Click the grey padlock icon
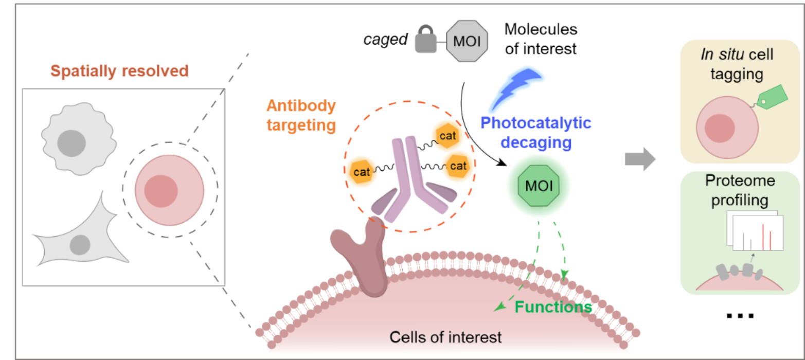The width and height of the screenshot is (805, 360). (x=426, y=42)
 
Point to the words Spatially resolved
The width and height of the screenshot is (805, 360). (x=119, y=71)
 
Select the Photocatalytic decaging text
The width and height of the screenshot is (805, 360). (x=536, y=132)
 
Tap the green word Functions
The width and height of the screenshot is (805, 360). (x=553, y=307)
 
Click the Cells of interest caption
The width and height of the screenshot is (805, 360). (x=445, y=337)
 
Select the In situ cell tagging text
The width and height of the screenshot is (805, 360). (x=737, y=64)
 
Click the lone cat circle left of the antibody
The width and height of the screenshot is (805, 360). (x=361, y=172)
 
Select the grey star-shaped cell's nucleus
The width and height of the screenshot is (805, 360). (x=80, y=244)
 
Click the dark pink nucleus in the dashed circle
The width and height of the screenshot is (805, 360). (x=161, y=191)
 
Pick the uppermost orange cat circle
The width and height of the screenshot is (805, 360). (x=448, y=136)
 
